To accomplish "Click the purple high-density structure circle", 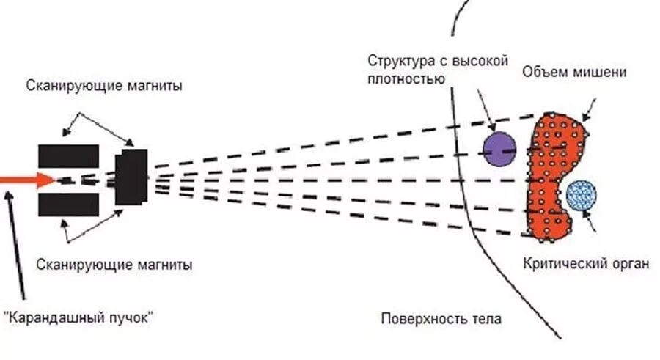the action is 499,149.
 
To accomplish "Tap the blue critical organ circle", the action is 582,195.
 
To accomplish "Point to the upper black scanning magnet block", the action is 68,155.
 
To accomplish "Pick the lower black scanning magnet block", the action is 68,204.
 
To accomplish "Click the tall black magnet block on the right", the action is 131,177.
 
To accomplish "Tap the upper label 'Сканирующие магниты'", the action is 104,86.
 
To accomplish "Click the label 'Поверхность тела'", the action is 441,319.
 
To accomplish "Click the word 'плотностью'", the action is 405,77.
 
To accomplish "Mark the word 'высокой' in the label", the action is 484,61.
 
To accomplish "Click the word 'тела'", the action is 487,319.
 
